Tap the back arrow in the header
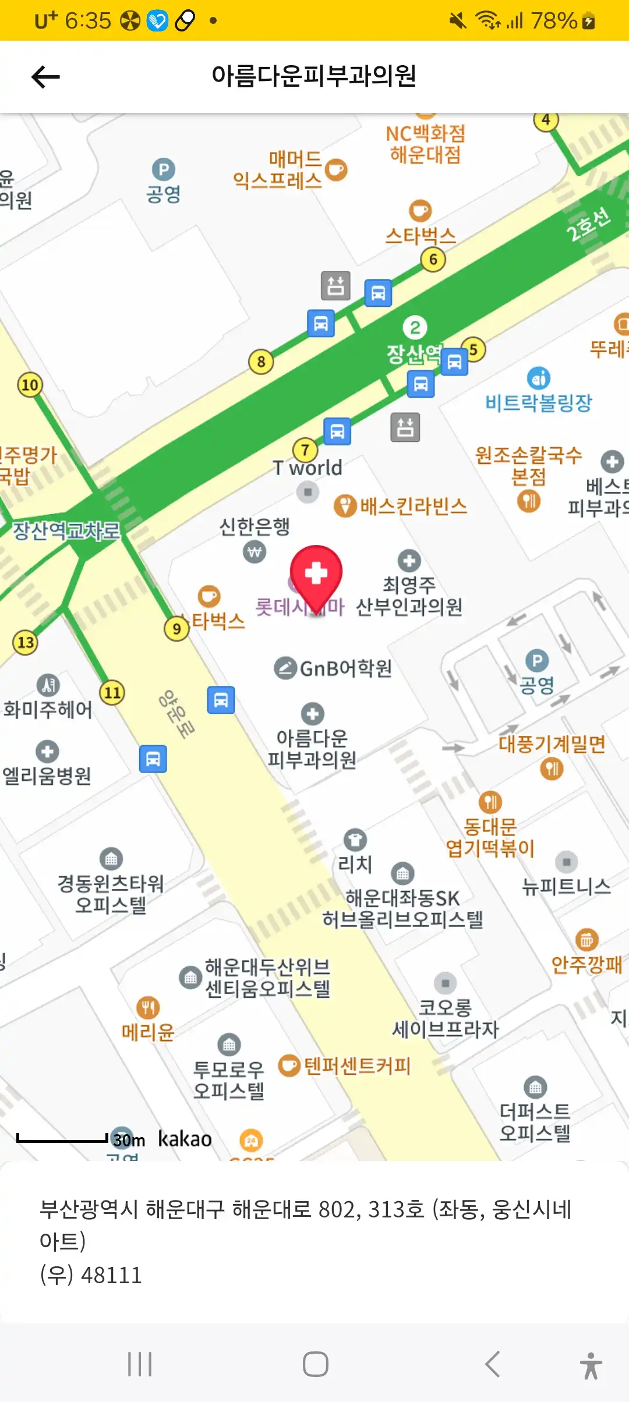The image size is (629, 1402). point(45,76)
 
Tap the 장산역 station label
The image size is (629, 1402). point(414,353)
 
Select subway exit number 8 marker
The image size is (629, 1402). point(261,362)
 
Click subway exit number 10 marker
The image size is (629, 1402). point(30,385)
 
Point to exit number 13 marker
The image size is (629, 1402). point(26,642)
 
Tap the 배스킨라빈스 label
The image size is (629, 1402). point(413,506)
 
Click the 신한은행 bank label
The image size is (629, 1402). point(255,526)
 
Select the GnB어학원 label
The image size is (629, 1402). point(345,668)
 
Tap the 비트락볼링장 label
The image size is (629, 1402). point(538,402)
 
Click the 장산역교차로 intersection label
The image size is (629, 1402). point(66,530)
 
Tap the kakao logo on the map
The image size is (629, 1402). point(185,1139)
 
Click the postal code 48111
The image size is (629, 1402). point(111,1275)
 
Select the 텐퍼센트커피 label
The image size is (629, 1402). point(357,1066)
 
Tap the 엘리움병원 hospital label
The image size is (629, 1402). point(47,776)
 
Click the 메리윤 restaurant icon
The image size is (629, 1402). point(148,1007)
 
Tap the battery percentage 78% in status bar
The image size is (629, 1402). point(553,22)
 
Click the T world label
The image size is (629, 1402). point(308,468)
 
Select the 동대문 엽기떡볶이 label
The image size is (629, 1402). point(490,837)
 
